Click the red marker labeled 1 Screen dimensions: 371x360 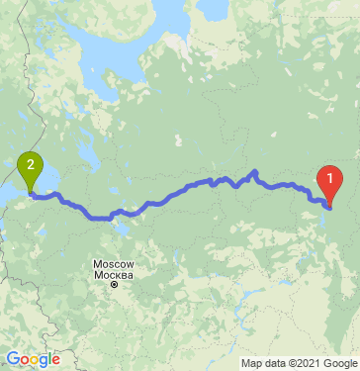(328, 178)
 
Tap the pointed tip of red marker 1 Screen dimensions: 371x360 (328, 205)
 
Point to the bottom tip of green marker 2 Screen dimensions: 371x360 (32, 193)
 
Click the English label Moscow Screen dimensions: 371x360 (112, 263)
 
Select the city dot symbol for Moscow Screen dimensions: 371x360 (114, 285)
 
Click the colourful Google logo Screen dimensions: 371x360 (33, 359)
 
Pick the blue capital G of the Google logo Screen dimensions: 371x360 (12, 358)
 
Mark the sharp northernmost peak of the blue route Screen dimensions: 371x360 (254, 172)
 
